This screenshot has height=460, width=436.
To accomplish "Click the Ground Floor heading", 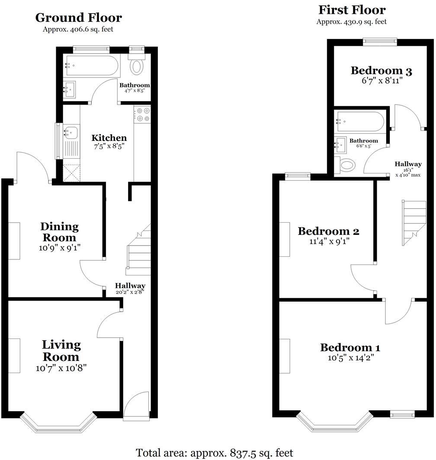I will click(78, 18).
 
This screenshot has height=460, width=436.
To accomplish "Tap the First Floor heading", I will click(352, 10).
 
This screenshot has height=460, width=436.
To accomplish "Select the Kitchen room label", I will click(109, 138).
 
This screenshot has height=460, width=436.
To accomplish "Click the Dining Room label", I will click(60, 232).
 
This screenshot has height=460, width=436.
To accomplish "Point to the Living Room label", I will click(61, 351).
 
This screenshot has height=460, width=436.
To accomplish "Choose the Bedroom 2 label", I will click(328, 231).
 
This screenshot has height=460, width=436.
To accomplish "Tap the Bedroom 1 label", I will click(350, 348).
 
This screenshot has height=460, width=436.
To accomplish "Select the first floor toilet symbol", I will click(347, 165).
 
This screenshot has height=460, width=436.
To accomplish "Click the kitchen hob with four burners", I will click(142, 114).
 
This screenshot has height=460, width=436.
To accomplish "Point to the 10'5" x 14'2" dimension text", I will click(350, 358).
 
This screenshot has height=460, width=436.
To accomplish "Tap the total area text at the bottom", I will click(215, 453).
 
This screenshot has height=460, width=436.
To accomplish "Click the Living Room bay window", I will click(58, 424).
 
